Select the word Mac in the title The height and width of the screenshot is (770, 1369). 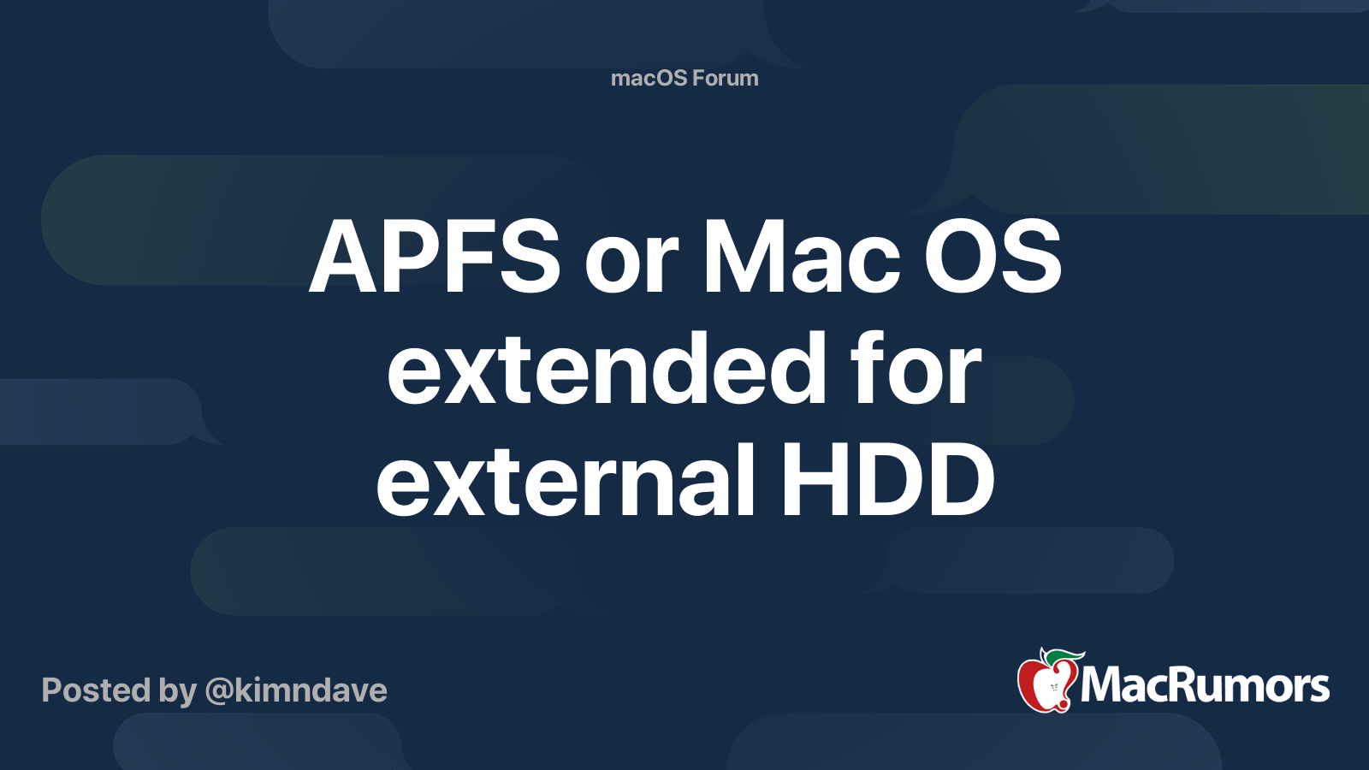(x=802, y=256)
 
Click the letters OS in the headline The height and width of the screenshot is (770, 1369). (x=993, y=256)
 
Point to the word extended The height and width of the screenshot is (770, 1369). (x=607, y=369)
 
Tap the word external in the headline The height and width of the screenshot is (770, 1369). (x=566, y=480)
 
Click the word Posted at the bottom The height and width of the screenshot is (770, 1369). (x=96, y=690)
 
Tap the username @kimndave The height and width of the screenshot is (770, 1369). (x=296, y=691)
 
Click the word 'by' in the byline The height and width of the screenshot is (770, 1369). (x=178, y=691)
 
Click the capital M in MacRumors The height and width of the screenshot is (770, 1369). (x=1105, y=685)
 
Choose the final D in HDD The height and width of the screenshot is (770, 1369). (x=957, y=480)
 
